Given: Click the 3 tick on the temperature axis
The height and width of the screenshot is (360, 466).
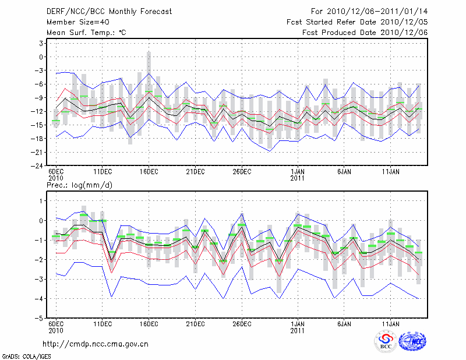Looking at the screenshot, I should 41,43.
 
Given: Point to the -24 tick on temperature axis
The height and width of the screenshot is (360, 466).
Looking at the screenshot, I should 38,165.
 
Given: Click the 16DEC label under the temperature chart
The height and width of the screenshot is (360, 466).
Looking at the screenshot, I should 149,172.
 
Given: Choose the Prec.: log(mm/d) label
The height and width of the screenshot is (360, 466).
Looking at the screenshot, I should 78,185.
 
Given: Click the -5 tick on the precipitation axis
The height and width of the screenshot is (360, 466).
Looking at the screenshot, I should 40,319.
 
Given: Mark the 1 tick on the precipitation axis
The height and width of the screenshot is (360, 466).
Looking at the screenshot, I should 41,200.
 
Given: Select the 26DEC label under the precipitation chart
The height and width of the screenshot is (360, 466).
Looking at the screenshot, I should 242,324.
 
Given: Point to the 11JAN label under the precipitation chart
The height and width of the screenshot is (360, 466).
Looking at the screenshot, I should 391,324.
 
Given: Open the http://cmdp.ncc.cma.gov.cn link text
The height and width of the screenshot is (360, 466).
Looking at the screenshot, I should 96,344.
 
